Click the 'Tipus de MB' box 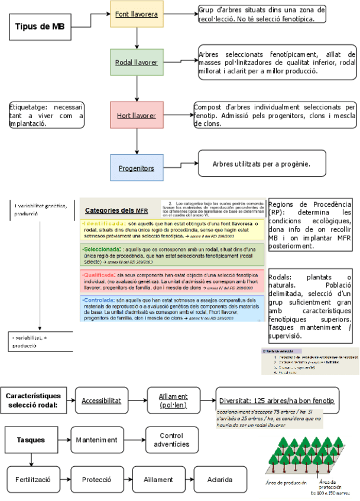pyautogui.click(x=40, y=27)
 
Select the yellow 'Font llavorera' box pyautogui.click(x=137, y=14)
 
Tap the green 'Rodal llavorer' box pyautogui.click(x=137, y=62)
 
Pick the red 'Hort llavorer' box pyautogui.click(x=136, y=115)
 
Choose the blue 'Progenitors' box pyautogui.click(x=136, y=168)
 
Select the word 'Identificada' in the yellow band pyautogui.click(x=104, y=224)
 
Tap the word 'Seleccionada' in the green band pyautogui.click(x=102, y=249)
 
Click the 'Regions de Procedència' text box pyautogui.click(x=310, y=225)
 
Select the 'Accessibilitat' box pyautogui.click(x=100, y=400)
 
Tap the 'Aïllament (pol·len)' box pyautogui.click(x=173, y=401)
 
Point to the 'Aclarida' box pyautogui.click(x=219, y=479)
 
